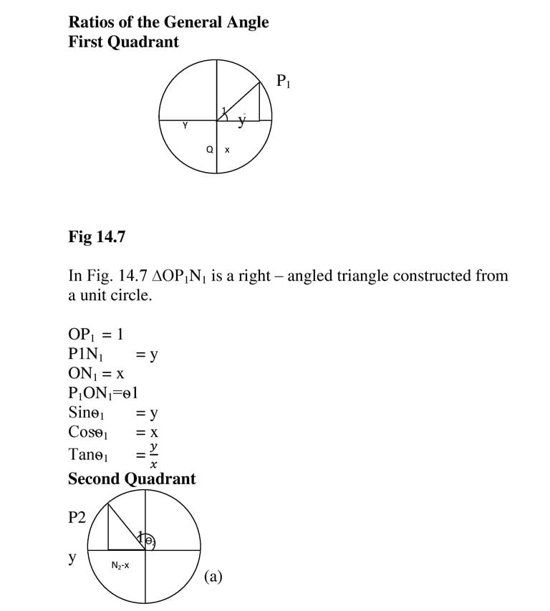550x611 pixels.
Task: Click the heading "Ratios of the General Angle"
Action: point(168,22)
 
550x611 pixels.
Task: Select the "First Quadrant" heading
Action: point(123,42)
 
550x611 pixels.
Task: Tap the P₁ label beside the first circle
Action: point(284,81)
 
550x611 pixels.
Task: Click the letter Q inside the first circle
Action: point(209,150)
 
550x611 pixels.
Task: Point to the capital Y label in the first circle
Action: point(185,126)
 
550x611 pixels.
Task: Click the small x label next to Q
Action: point(227,150)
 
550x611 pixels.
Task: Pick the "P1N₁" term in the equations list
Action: point(88,354)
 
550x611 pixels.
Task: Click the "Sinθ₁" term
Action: point(87,413)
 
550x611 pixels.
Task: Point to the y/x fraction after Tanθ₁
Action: point(153,453)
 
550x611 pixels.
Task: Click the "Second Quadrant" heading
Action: point(131,478)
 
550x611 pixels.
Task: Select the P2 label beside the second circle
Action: point(77,517)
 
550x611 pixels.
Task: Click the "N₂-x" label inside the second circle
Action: point(120,566)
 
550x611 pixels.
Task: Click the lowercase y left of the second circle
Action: point(72,557)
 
